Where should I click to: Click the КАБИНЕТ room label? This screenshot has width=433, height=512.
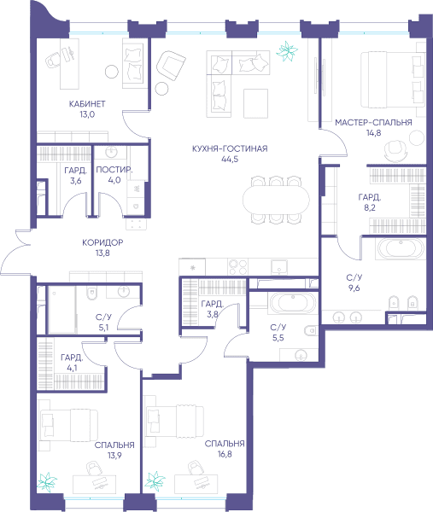(x=87, y=104)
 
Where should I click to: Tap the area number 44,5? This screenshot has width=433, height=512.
(x=230, y=160)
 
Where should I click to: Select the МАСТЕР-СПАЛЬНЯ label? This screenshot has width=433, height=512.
(x=373, y=122)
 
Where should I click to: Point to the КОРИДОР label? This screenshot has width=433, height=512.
(x=102, y=242)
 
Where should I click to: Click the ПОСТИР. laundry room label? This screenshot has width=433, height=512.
(x=114, y=170)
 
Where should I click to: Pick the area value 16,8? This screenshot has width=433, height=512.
(x=225, y=454)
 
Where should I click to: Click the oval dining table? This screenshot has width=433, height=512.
(x=276, y=199)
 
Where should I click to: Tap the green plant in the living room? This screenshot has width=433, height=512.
(x=287, y=51)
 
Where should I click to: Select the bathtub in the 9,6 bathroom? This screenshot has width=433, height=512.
(x=401, y=249)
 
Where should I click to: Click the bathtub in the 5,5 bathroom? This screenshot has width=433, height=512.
(x=293, y=303)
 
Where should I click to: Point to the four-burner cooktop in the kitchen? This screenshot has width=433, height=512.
(x=237, y=267)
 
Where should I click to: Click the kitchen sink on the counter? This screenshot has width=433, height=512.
(x=279, y=267)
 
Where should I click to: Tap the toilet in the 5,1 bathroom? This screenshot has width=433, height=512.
(x=92, y=293)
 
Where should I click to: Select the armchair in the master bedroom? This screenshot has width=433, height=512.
(x=395, y=150)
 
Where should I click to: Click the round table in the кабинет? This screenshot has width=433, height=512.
(x=112, y=72)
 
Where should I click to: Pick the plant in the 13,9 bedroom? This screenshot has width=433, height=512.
(x=47, y=481)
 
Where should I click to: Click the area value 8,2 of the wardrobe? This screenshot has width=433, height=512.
(x=370, y=207)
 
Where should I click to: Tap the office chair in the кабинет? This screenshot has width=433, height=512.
(x=52, y=60)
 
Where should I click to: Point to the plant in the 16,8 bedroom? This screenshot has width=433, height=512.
(x=155, y=481)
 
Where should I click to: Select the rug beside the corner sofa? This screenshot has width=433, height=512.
(x=255, y=103)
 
